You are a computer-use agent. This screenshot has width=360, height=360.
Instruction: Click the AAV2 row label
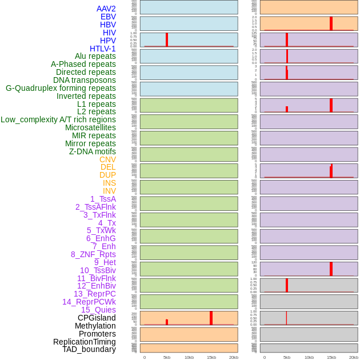[x=106, y=9]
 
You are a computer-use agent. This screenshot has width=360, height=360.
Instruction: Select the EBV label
[x=108, y=17]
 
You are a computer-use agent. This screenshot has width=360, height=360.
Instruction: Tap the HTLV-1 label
[x=103, y=49]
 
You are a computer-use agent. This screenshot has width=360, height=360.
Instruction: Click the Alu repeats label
[x=95, y=56]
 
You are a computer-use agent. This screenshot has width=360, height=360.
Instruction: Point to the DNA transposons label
[x=85, y=80]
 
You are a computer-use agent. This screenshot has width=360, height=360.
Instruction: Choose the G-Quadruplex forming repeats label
[x=61, y=88]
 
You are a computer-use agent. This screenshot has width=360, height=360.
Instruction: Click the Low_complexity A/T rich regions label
[x=58, y=119]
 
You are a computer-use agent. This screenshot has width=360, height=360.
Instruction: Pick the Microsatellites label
[x=90, y=127]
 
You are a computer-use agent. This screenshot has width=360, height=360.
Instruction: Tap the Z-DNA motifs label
[x=93, y=151]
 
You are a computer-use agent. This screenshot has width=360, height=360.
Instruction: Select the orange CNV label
[x=107, y=159]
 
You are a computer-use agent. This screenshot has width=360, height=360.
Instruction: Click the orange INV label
[x=109, y=191]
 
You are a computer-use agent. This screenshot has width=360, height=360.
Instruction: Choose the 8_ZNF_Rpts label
[x=93, y=254]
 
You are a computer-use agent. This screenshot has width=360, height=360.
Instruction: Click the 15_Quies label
[x=98, y=310]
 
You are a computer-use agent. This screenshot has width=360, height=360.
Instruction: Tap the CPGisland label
[x=97, y=318]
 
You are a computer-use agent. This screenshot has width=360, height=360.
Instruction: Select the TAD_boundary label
[x=89, y=349]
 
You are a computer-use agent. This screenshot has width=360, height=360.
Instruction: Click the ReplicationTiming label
[x=85, y=342]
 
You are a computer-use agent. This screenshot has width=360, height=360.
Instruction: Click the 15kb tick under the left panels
[x=211, y=357]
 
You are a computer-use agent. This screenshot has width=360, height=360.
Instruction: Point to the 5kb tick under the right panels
[x=287, y=357]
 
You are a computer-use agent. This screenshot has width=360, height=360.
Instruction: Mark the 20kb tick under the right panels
[x=354, y=357]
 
